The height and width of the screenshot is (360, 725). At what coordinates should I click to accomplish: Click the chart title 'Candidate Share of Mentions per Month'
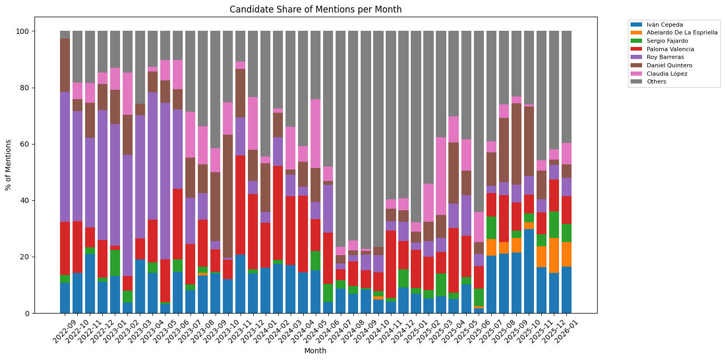315,9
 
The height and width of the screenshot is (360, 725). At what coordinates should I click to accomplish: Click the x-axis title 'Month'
315,351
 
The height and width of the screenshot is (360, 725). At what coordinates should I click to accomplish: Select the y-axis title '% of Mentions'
8,165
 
